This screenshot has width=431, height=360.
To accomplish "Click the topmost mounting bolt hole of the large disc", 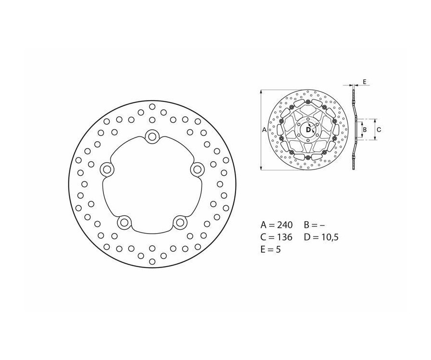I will [152, 136].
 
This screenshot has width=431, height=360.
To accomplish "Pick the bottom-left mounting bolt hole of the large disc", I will [124, 222].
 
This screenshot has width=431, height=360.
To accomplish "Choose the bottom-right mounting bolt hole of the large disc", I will [180, 222].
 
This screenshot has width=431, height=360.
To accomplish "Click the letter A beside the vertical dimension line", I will [264, 129].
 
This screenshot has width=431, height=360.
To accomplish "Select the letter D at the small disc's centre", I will [308, 129].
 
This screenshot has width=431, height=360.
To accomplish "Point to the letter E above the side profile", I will [364, 82].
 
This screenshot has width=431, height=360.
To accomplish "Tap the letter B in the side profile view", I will [364, 129].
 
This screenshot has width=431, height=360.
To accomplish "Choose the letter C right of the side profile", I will [378, 129].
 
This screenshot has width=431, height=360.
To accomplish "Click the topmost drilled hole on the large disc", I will [152, 106].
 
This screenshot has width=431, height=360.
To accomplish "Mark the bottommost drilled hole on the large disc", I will [152, 261].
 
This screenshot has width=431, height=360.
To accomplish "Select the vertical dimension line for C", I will [374, 129].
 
